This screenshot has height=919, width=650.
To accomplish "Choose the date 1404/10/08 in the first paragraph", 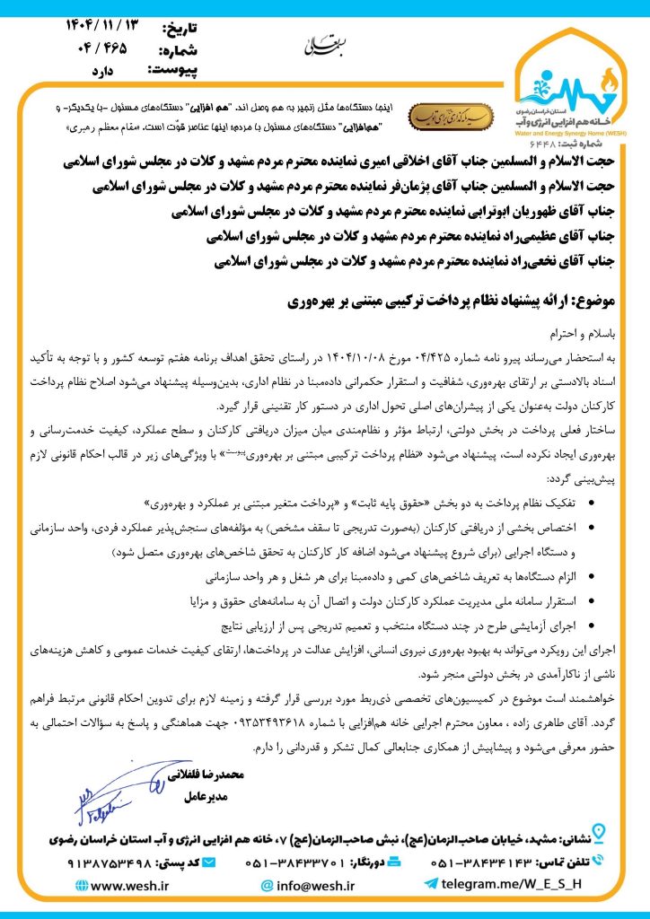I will [356, 356].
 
